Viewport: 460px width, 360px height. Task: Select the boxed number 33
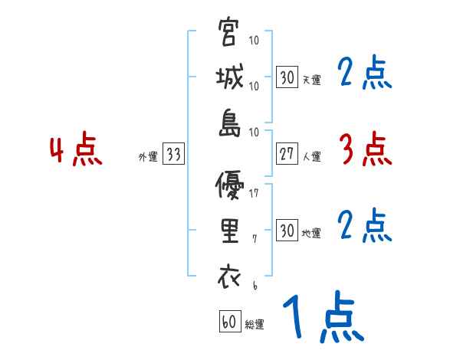173,155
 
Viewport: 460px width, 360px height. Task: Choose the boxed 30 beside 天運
287,77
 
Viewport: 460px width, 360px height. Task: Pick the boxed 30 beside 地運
287,231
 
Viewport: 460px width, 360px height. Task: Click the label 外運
148,156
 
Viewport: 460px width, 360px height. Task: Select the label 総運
255,325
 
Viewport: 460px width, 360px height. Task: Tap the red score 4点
75,151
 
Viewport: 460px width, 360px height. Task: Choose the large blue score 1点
322,316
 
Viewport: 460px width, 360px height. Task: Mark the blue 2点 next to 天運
365,74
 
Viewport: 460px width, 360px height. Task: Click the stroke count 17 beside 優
254,194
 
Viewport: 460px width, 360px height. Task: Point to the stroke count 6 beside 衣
254,285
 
